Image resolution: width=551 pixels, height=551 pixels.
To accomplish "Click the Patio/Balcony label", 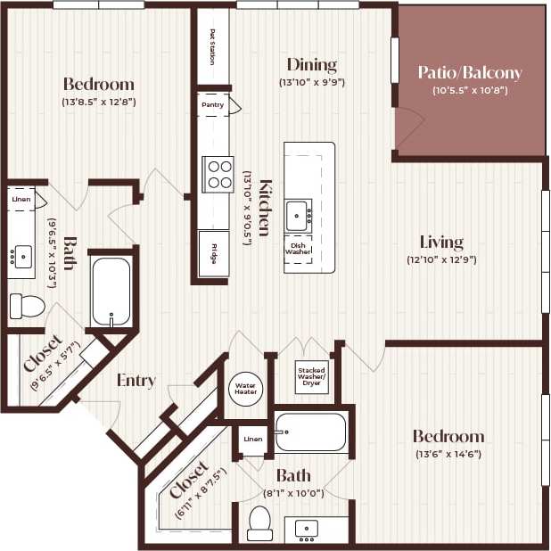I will coord(470,73).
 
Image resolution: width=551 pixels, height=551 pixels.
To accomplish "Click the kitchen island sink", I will coord(298,215).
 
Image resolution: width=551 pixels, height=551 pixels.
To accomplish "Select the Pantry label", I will coord(212,104).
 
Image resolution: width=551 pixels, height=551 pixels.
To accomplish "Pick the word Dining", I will coord(311,64).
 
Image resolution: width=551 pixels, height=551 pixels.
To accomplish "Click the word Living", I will coord(441,242).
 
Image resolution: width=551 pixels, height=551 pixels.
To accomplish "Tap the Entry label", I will coord(136,381).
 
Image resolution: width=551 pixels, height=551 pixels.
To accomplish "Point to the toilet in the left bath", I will coord(26,306).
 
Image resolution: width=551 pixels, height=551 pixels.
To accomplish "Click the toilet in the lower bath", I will coord(259,522).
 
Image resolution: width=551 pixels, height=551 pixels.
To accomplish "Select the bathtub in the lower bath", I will coord(310,432).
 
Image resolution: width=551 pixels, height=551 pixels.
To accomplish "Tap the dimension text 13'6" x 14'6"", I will coord(448,454).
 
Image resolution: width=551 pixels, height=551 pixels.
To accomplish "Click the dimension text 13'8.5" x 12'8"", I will coord(99,102).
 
